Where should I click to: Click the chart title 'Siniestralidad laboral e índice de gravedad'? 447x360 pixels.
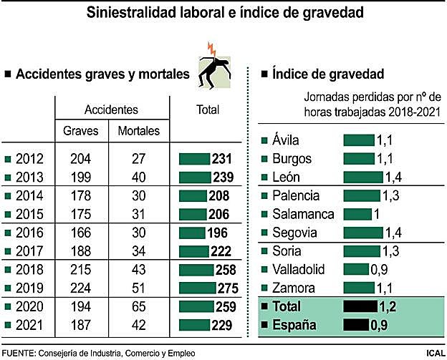coord(224,13)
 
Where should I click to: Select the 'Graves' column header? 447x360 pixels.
coord(81,131)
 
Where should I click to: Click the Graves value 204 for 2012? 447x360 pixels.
coord(81,159)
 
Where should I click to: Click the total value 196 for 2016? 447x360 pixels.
coord(216,233)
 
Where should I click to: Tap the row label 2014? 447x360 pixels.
coord(29,196)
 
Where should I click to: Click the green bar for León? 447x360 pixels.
coord(363,177)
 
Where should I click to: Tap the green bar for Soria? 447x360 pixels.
coord(362,251)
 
